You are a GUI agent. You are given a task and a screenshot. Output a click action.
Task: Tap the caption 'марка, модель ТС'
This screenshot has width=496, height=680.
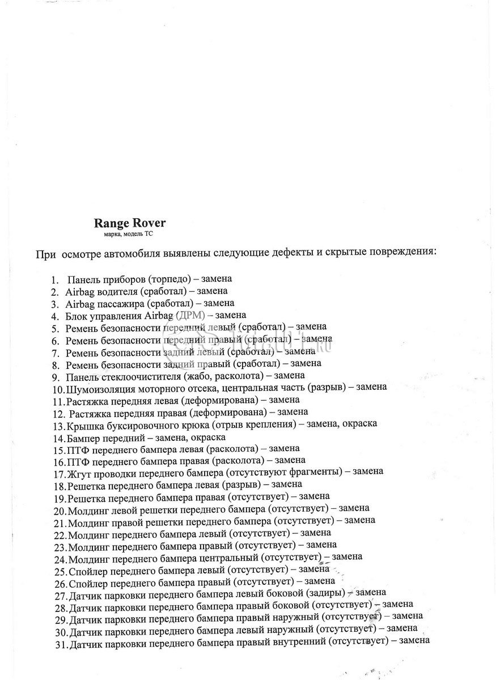[x=125, y=233]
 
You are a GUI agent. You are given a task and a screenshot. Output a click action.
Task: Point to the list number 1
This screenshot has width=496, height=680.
[x=54, y=280]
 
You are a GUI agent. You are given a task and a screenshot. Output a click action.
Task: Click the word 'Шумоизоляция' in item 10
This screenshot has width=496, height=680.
[x=99, y=388]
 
